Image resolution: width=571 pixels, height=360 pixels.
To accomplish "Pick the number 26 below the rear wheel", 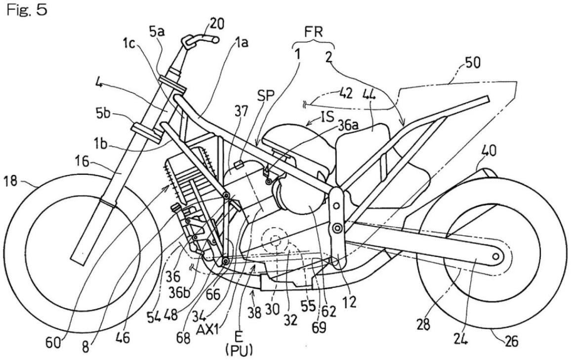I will [510, 341].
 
